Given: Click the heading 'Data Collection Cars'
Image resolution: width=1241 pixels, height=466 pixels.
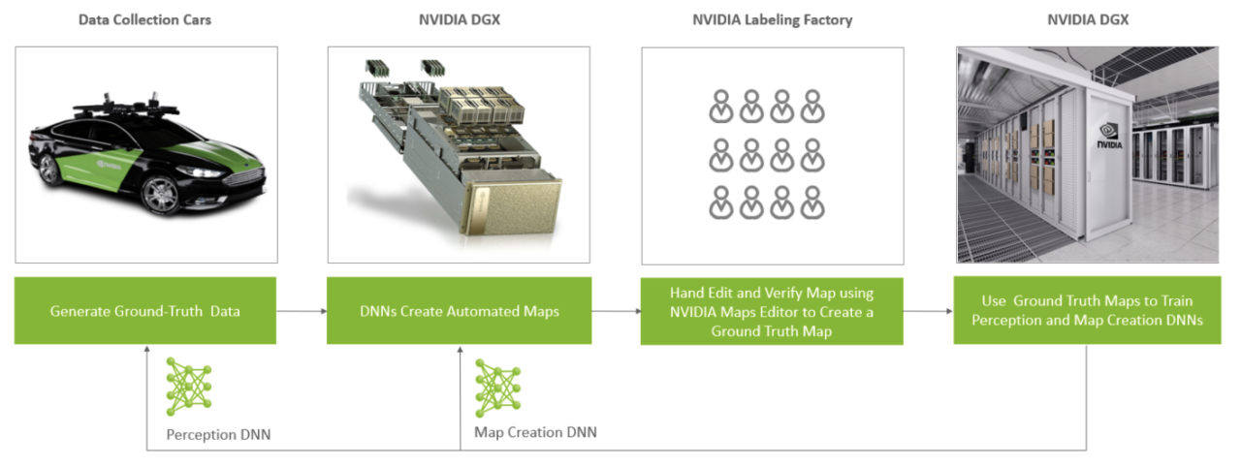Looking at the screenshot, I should (x=145, y=18).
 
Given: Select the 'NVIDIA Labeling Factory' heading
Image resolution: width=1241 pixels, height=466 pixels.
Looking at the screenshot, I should (x=772, y=18).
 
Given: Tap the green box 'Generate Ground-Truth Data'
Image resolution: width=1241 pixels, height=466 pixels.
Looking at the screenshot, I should (x=145, y=311).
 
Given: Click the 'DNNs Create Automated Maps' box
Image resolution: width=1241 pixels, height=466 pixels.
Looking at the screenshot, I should (x=459, y=311).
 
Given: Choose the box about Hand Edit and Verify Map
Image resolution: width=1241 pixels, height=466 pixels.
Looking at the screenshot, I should (x=772, y=311).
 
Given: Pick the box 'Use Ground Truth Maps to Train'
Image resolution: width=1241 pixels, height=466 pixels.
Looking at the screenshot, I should (x=1086, y=311).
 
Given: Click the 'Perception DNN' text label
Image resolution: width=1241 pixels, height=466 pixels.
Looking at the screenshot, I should (x=218, y=434).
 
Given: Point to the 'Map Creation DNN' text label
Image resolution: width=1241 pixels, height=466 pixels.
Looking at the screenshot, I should (x=535, y=432).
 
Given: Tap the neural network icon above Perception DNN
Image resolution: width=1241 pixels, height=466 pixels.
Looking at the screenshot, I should (x=188, y=386).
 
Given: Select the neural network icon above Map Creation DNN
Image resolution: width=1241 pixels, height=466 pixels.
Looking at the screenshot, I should (x=497, y=388).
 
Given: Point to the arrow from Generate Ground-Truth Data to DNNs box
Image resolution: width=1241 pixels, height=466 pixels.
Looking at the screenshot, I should (x=301, y=311).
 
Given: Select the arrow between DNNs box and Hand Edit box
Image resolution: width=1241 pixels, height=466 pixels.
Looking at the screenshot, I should (x=616, y=311).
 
